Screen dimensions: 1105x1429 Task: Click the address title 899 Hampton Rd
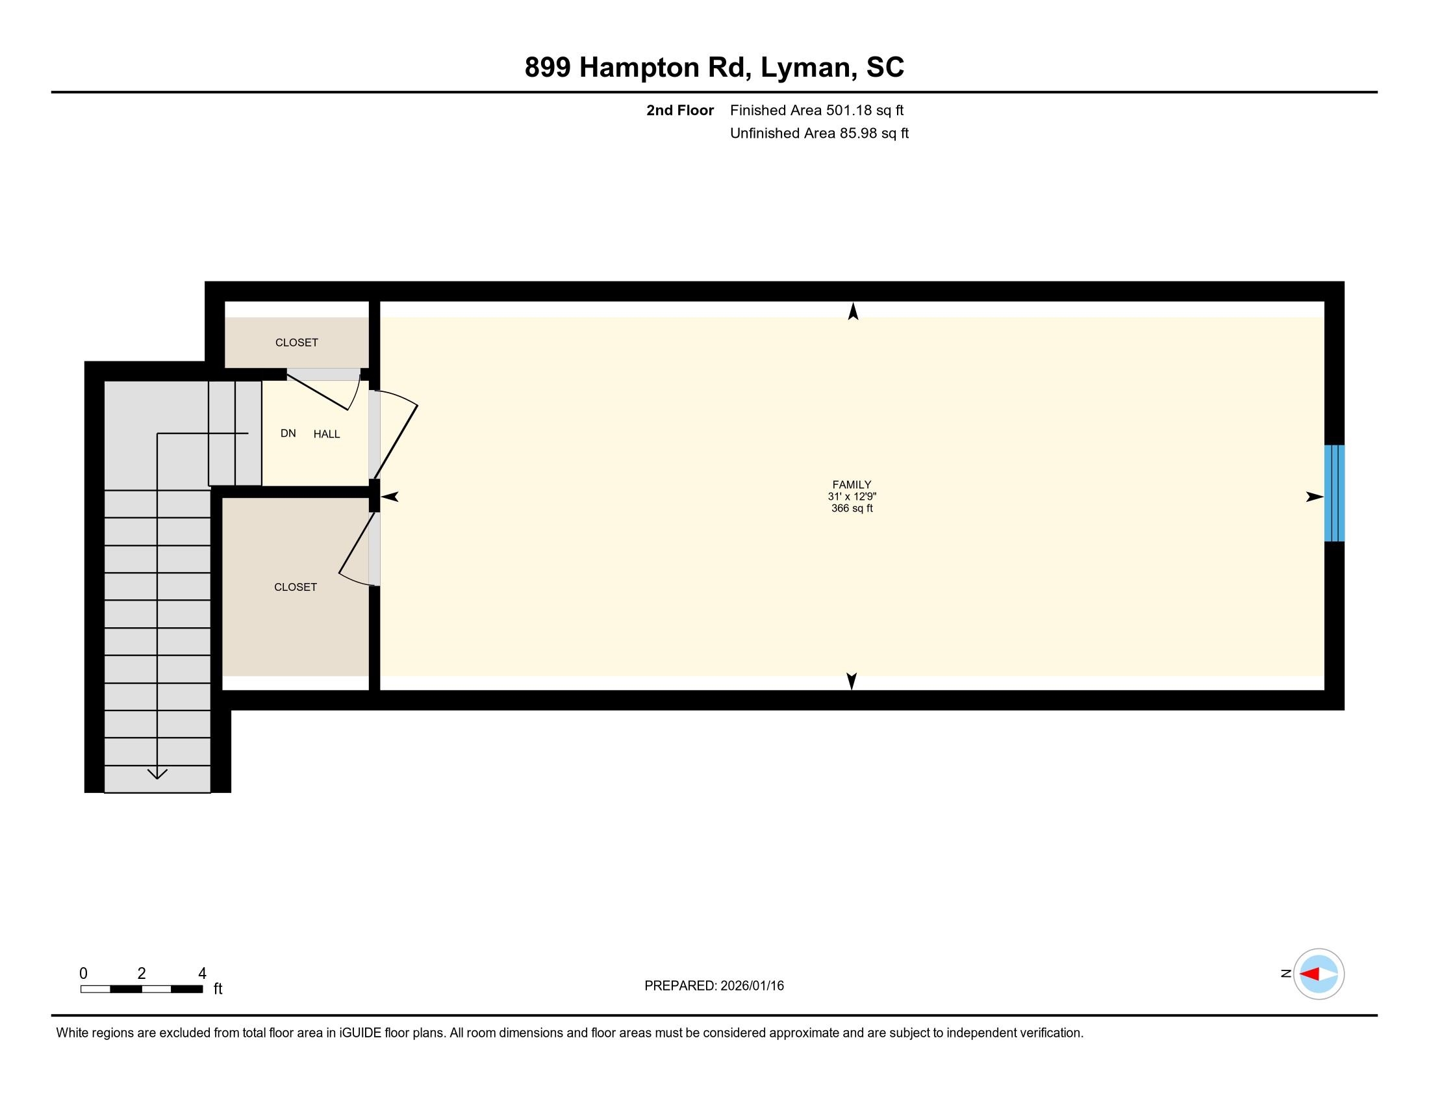click(x=714, y=68)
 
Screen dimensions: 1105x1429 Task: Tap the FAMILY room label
click(x=852, y=484)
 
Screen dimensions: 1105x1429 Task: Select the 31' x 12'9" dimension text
click(x=852, y=497)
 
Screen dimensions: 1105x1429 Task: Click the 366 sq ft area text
click(x=852, y=509)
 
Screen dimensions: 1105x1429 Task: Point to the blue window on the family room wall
click(x=1334, y=493)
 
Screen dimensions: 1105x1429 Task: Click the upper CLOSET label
click(x=296, y=343)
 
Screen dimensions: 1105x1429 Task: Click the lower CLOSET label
click(x=295, y=587)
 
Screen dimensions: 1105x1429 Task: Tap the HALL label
click(x=327, y=434)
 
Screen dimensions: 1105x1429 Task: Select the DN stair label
click(x=288, y=434)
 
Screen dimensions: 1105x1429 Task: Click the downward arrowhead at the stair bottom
click(x=157, y=773)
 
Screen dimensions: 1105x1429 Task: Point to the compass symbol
click(x=1319, y=974)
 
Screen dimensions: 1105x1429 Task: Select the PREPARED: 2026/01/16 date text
click(x=714, y=986)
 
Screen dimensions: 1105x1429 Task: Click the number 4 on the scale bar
click(x=202, y=974)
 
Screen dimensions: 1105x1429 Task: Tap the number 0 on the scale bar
click(x=84, y=974)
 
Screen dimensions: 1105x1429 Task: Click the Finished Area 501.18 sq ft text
click(x=816, y=110)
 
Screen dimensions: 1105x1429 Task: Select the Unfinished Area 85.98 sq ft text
click(x=819, y=133)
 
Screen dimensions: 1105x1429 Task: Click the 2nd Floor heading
click(x=680, y=110)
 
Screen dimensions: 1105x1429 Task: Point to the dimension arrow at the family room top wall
click(x=853, y=311)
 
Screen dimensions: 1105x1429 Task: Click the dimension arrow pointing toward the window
click(x=1314, y=497)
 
